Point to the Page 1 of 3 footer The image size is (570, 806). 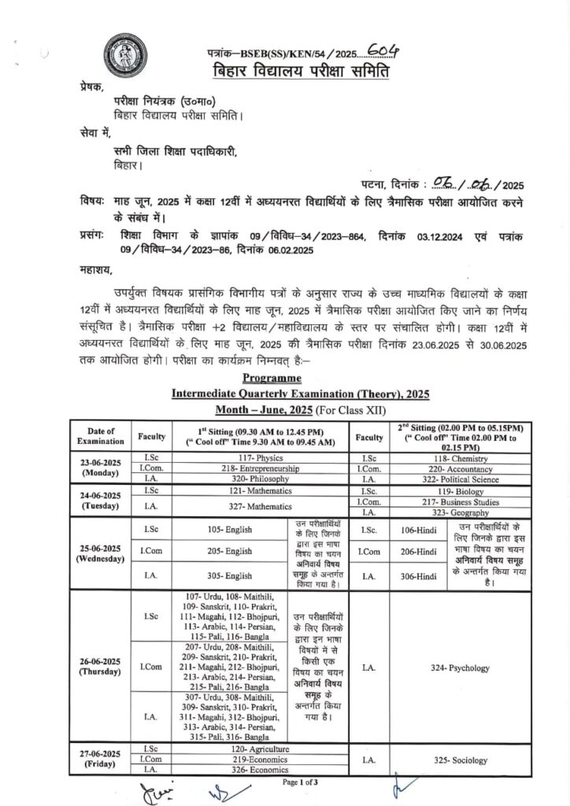pos(301,783)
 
